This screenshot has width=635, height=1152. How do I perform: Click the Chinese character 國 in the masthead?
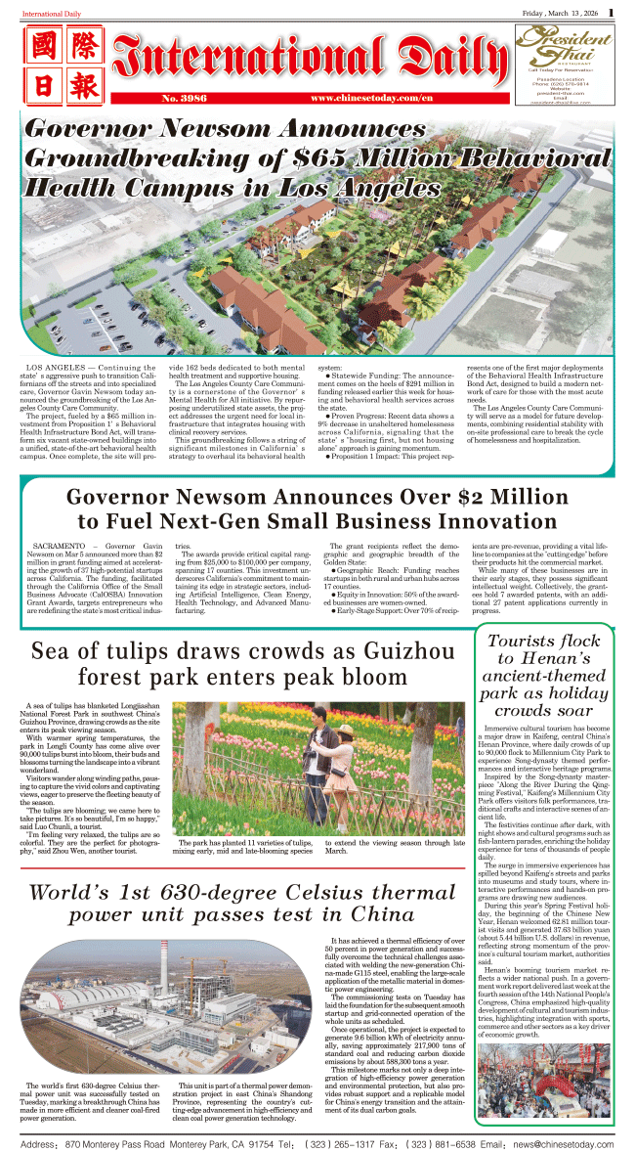click(43, 49)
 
